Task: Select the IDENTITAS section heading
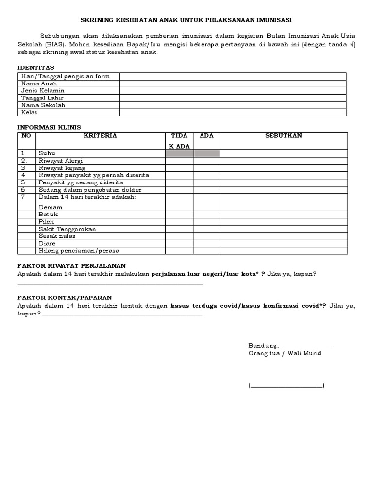(x=36, y=67)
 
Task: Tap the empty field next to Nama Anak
(x=233, y=83)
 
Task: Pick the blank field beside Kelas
(x=233, y=113)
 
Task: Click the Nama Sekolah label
(x=43, y=105)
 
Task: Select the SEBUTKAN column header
(x=284, y=136)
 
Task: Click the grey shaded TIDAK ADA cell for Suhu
(x=179, y=153)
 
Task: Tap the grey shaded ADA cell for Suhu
(x=207, y=153)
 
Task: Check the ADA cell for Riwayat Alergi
(x=207, y=161)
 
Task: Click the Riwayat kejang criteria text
(x=62, y=168)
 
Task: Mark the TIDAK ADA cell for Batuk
(x=179, y=215)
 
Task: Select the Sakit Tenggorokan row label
(x=67, y=229)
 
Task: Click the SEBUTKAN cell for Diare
(x=284, y=244)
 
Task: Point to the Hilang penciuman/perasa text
(x=79, y=251)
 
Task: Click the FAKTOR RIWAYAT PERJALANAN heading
(x=71, y=265)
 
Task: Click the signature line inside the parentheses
(x=287, y=386)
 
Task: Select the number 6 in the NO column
(x=23, y=190)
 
